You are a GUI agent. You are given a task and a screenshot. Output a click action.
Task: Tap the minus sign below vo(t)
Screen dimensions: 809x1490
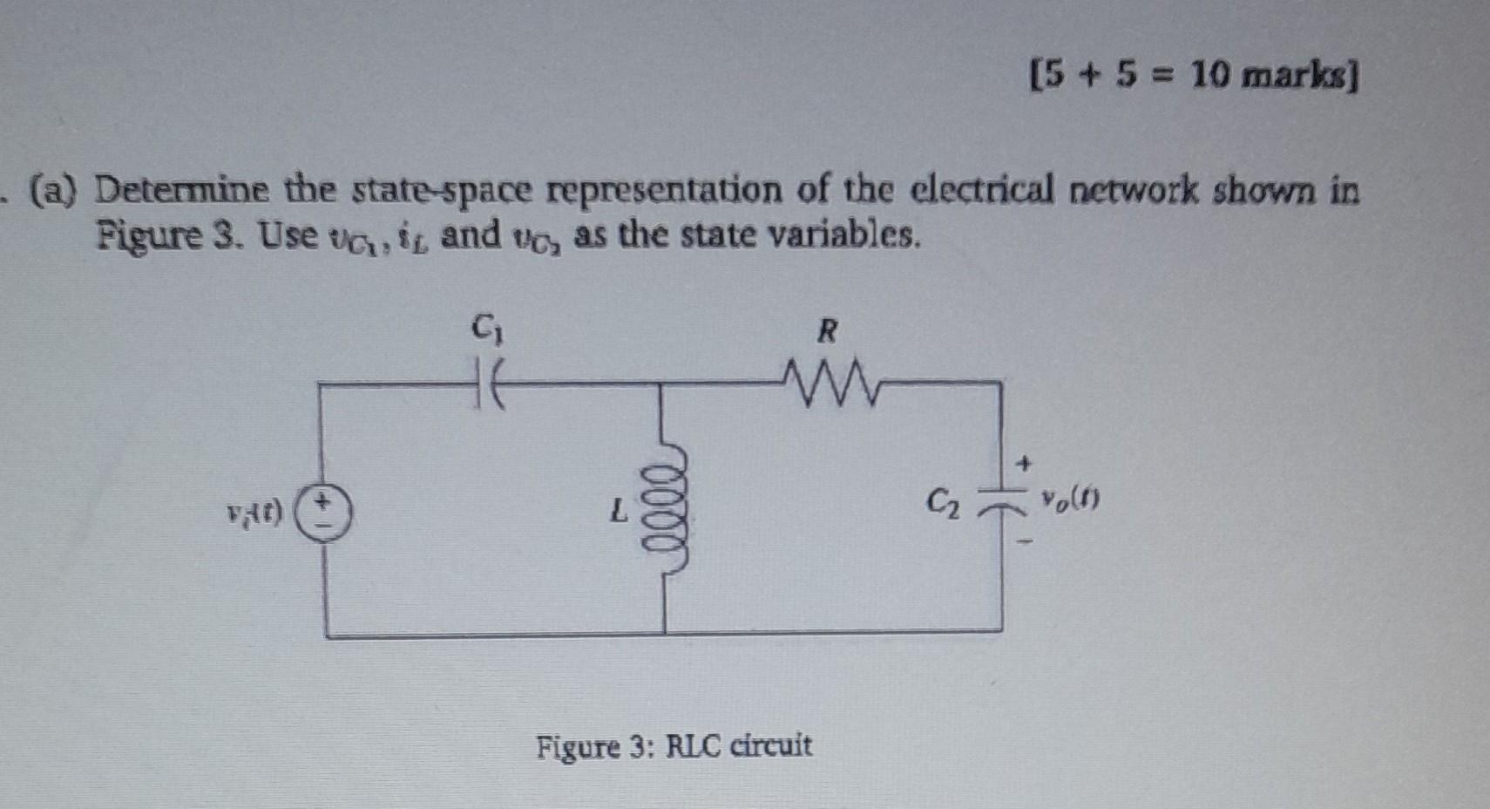coord(1027,544)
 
